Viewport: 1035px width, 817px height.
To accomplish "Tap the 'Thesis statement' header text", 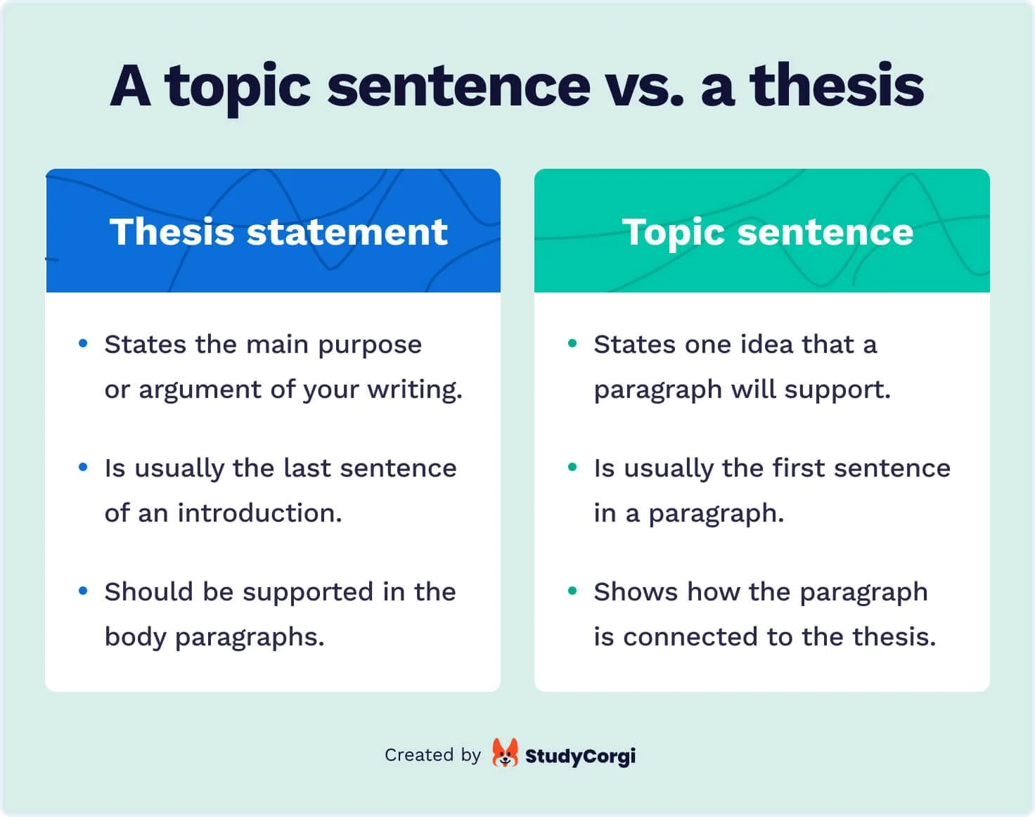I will coord(278,232).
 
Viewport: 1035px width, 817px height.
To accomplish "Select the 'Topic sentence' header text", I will coord(768,232).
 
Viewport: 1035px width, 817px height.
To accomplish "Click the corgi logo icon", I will coord(505,754).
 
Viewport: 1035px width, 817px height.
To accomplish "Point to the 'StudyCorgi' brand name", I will coord(580,756).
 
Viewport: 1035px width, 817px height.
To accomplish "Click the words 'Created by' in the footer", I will coord(432,755).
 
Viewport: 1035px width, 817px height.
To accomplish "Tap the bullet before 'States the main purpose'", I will coord(84,344).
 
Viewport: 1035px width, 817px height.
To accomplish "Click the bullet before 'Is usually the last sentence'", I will coord(84,468).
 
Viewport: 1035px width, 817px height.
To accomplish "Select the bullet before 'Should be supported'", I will coord(84,591).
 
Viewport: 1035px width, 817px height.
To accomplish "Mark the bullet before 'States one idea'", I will coord(572,344).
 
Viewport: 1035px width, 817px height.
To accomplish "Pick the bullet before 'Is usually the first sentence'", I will coord(572,468).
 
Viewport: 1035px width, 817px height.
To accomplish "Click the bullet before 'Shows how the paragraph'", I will coord(572,591).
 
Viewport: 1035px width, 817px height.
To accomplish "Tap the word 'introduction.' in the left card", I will coord(259,513).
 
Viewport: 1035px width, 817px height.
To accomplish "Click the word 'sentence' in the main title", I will coord(458,86).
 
